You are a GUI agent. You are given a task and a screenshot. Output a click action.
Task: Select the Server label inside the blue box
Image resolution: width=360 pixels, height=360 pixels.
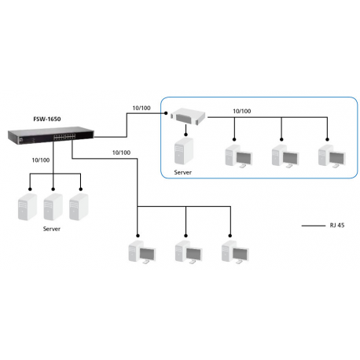pos(182,171)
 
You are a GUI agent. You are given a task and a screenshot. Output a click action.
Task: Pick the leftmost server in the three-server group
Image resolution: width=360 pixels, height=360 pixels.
pos(29,206)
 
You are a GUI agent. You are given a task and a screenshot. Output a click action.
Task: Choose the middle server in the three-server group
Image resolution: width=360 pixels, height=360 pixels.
pos(53,206)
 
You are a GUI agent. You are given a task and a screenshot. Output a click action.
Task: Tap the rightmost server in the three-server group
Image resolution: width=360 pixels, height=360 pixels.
pos(76,206)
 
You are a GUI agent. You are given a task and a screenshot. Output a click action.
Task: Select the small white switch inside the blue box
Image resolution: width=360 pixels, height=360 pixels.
pos(189,117)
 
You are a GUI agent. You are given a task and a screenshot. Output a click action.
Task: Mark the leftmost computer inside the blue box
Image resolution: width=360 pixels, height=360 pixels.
pos(238,155)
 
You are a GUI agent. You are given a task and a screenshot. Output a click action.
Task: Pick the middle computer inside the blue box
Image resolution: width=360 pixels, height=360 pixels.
pos(284,155)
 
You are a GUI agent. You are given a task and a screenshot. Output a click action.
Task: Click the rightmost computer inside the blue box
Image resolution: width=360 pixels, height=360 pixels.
pos(330,155)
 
